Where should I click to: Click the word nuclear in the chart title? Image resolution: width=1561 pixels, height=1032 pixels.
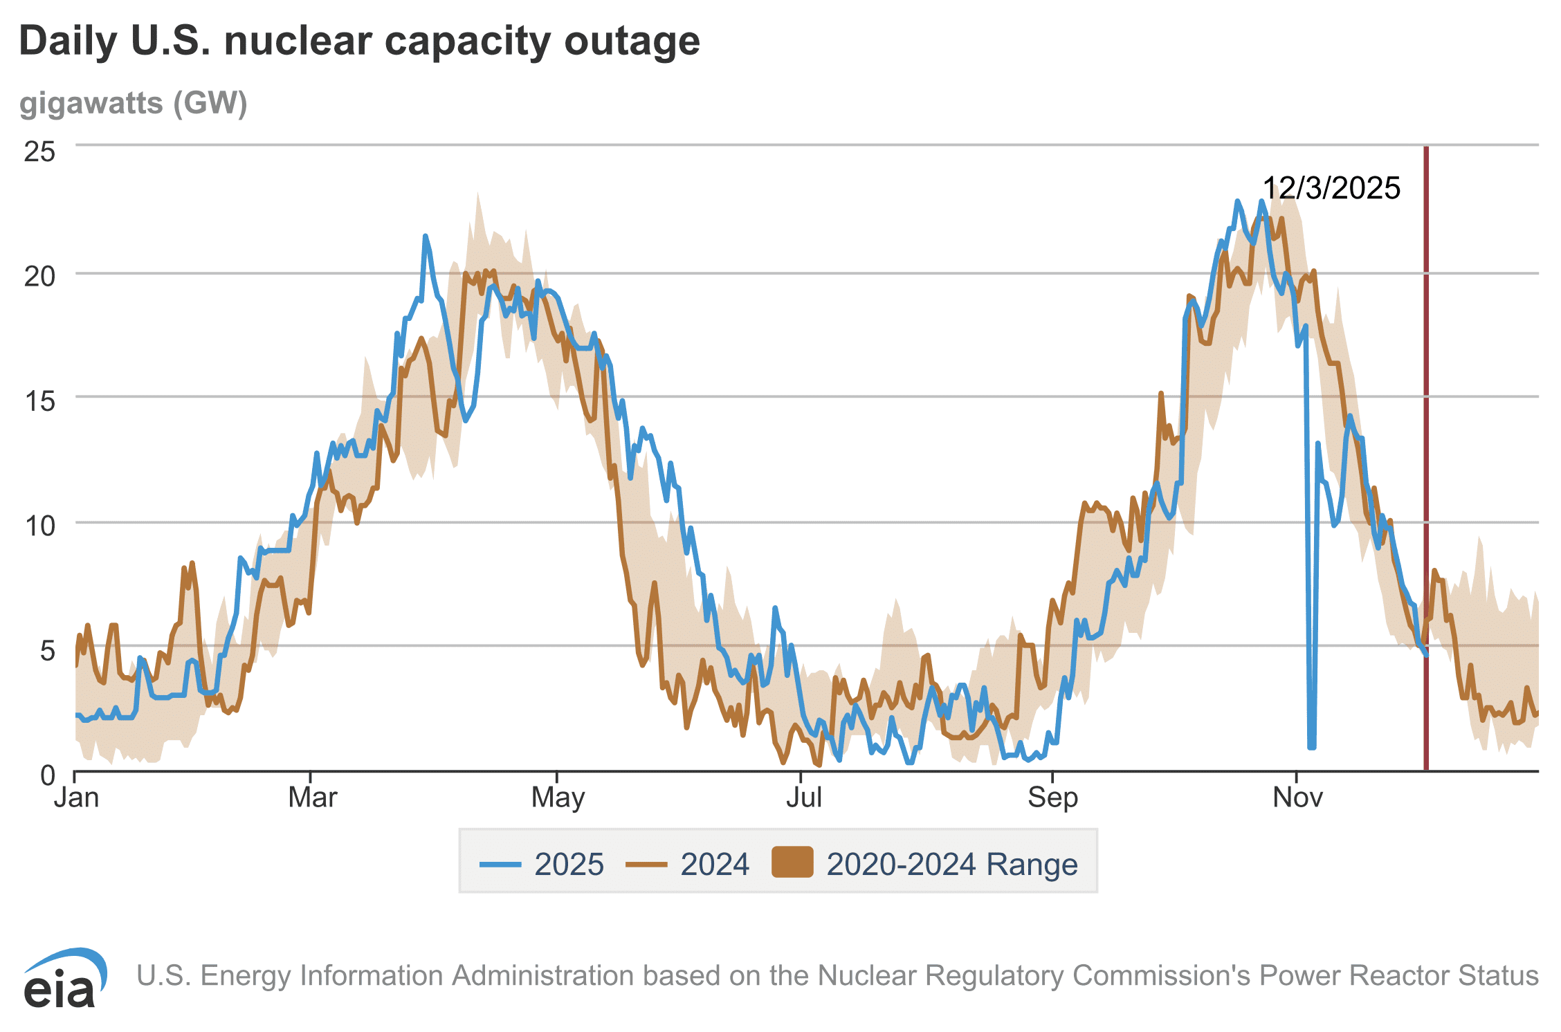click(298, 42)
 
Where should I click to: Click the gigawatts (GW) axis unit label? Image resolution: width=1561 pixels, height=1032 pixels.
click(133, 103)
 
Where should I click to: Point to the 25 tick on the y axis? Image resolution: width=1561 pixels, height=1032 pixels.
click(40, 151)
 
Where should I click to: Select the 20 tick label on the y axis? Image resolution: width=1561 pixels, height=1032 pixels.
click(40, 277)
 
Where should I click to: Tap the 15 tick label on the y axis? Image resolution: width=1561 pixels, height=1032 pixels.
click(40, 401)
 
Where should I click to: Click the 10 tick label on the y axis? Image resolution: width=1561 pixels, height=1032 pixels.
click(40, 526)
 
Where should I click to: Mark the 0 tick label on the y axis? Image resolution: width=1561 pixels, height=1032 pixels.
click(47, 775)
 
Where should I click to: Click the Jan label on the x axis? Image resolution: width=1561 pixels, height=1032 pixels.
click(77, 798)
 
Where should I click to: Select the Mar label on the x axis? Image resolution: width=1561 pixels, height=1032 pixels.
click(312, 798)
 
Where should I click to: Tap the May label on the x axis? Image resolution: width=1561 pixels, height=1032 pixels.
click(558, 798)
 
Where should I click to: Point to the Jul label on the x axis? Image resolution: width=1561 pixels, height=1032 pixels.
click(804, 798)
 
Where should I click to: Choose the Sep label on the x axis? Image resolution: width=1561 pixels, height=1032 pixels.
click(1052, 798)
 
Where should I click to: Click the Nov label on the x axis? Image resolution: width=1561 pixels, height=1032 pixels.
click(1297, 798)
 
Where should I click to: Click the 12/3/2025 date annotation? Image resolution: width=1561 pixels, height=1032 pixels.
click(1331, 188)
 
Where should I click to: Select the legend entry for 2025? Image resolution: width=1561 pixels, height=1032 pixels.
click(542, 864)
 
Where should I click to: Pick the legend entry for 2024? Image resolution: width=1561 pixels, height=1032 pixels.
click(687, 864)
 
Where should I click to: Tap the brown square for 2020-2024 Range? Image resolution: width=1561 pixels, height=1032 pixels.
click(792, 862)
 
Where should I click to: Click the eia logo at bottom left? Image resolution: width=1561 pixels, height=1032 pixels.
click(64, 979)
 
